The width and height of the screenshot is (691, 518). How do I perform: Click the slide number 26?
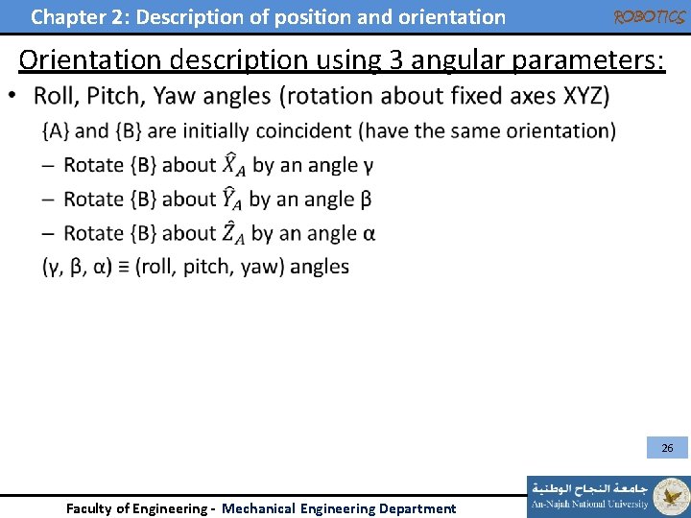coord(667,448)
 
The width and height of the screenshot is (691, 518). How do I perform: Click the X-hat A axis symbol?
coord(234,165)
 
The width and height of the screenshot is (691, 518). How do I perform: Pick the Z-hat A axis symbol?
coord(233,232)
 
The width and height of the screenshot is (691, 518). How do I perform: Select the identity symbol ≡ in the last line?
coord(122,267)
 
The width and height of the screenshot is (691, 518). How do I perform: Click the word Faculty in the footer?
coord(89,508)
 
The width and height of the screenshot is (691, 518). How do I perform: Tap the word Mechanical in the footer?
coord(259,508)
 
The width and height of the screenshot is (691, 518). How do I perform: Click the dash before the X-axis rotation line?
coord(48,165)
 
